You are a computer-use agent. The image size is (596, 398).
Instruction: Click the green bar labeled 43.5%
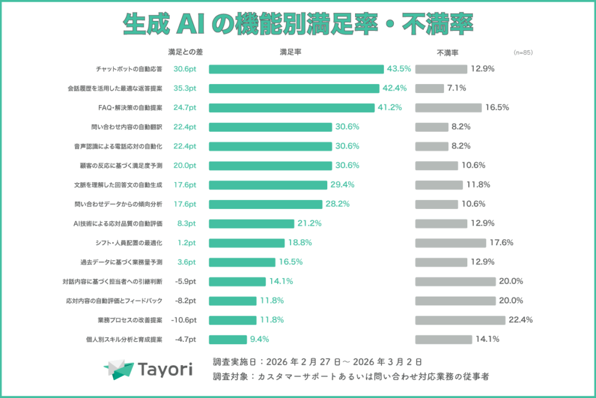(296, 69)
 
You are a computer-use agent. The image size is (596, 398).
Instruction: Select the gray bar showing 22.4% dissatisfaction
(460, 320)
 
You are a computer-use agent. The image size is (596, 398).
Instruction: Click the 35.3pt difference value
(185, 88)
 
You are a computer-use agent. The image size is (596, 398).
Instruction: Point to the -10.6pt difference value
(185, 320)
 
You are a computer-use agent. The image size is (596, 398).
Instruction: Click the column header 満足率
(290, 53)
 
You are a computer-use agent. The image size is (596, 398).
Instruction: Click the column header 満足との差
(185, 53)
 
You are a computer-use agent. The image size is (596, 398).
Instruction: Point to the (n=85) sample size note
(523, 53)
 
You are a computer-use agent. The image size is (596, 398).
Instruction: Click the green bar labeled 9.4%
(228, 339)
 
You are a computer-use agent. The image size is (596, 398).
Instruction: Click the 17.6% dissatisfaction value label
(502, 243)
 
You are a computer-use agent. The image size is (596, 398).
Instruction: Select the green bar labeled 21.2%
(252, 223)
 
